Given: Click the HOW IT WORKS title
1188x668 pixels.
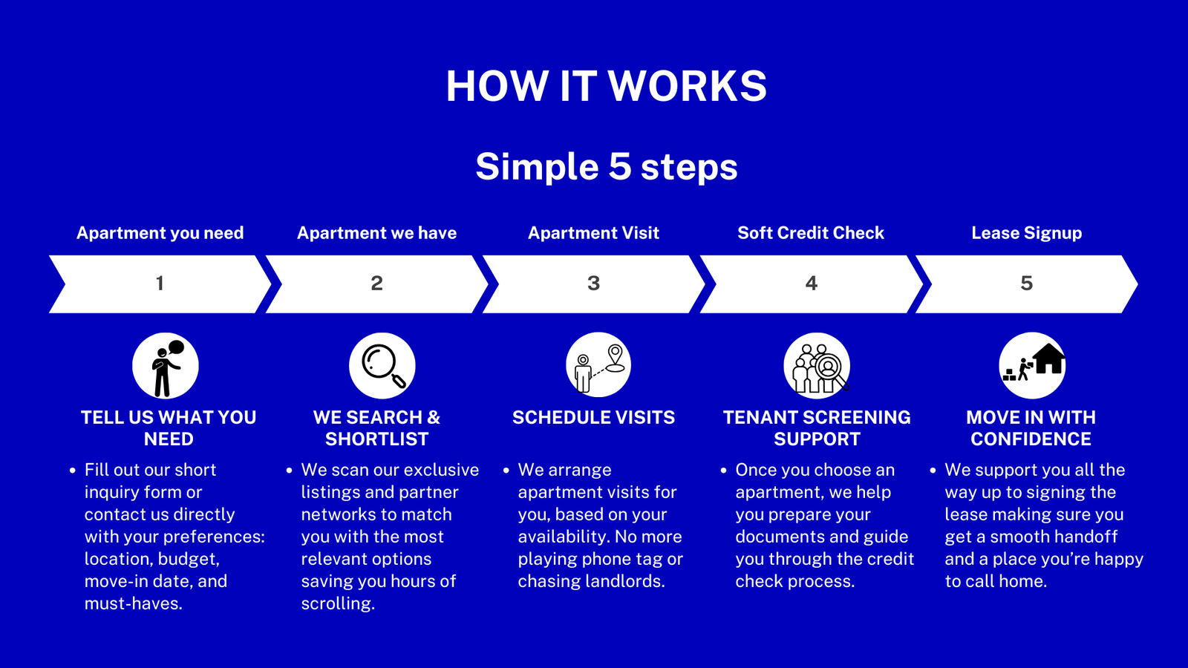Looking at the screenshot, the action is (606, 86).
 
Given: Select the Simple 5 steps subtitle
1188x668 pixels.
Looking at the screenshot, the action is (606, 166).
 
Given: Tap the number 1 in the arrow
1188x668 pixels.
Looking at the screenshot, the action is (160, 284).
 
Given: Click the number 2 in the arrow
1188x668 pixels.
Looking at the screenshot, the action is (376, 284).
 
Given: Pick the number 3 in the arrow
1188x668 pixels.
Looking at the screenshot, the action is (593, 284).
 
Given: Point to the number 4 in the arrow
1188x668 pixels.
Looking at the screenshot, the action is (811, 284).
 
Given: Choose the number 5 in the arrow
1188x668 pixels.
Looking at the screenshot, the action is (1027, 284).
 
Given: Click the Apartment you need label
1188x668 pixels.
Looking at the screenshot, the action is (160, 233).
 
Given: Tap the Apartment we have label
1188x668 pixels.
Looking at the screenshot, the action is (376, 233).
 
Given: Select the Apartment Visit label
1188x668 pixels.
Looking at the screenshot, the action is (593, 233).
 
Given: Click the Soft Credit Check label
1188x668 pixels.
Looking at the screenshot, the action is (811, 233).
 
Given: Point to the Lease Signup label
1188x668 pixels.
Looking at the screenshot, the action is (1027, 233).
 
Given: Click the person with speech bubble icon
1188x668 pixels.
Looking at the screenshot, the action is (166, 366).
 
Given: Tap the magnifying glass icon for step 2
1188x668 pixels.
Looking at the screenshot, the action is (382, 366).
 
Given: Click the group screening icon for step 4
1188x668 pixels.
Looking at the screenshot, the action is (817, 366).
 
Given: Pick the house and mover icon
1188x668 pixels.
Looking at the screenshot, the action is (1032, 366).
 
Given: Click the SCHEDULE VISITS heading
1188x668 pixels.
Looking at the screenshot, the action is (593, 418).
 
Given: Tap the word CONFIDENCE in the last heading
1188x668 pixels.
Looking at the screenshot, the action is (1031, 439).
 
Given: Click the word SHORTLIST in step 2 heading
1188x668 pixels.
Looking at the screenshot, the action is (376, 439).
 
